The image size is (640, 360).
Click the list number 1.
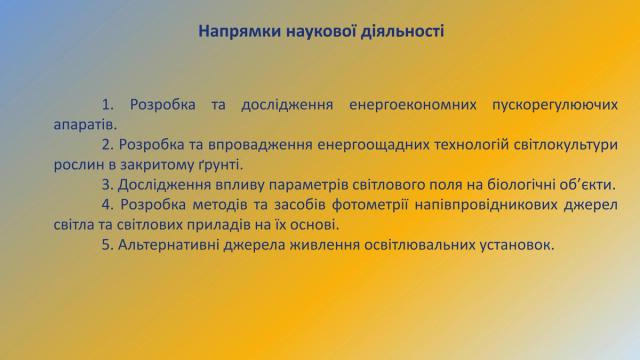pyautogui.click(x=108, y=104)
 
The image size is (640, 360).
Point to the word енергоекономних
pyautogui.click(x=413, y=105)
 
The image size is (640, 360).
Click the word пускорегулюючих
pyautogui.click(x=555, y=105)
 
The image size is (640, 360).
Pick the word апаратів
pyautogui.click(x=85, y=125)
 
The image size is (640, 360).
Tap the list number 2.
pyautogui.click(x=108, y=144)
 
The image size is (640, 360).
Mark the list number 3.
pyautogui.click(x=108, y=184)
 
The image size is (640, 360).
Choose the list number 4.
pyautogui.click(x=108, y=204)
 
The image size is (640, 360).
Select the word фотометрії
pyautogui.click(x=370, y=205)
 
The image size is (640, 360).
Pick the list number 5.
pyautogui.click(x=108, y=245)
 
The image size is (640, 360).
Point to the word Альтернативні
pyautogui.click(x=168, y=245)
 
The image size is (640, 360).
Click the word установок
pyautogui.click(x=517, y=245)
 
